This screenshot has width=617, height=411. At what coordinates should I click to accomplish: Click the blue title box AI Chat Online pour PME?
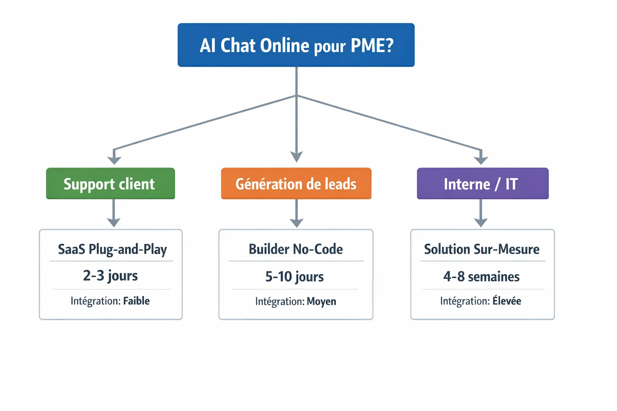(x=296, y=45)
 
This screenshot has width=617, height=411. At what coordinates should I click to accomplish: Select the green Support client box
(x=110, y=183)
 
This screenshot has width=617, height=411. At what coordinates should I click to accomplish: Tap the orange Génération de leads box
(x=296, y=183)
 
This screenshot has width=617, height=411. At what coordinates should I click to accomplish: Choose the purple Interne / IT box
(x=482, y=183)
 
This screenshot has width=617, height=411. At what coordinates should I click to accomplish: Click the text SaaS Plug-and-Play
(x=112, y=249)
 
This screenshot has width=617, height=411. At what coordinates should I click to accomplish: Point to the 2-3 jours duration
(x=110, y=276)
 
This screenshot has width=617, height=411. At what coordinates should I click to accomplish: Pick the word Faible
(x=136, y=301)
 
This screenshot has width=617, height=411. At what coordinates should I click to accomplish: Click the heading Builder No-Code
(x=296, y=249)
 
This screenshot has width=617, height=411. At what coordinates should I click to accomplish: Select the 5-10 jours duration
(x=294, y=277)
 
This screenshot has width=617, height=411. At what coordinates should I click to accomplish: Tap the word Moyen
(x=321, y=301)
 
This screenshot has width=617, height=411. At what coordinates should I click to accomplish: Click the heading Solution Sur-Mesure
(x=482, y=249)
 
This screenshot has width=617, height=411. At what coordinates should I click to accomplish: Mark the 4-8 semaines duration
(x=481, y=277)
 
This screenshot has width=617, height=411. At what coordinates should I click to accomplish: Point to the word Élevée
(x=507, y=301)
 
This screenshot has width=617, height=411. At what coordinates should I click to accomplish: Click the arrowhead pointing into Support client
(x=114, y=160)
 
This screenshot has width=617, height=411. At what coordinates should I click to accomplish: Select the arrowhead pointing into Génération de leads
(x=296, y=157)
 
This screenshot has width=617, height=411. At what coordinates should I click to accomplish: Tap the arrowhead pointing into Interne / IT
(x=481, y=160)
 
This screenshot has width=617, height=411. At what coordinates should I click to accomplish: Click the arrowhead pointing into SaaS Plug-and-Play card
(x=114, y=222)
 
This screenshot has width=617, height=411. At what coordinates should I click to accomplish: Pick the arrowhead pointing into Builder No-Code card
(x=296, y=222)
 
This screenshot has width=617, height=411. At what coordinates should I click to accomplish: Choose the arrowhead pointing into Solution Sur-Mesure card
(x=481, y=222)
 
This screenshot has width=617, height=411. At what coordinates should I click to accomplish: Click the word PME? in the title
(x=372, y=45)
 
